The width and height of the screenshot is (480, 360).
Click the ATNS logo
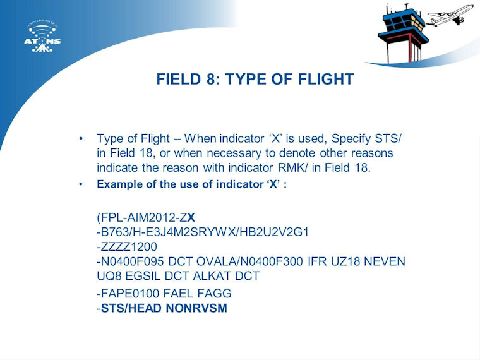click(42, 37)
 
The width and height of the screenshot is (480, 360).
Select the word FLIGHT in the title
click(326, 79)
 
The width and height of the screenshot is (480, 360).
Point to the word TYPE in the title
click(245, 79)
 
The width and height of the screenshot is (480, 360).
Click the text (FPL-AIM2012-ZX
click(146, 218)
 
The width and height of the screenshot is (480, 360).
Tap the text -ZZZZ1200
click(127, 247)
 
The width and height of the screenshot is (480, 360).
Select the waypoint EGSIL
click(143, 276)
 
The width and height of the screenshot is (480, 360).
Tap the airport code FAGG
click(214, 293)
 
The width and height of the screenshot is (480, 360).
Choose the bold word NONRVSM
click(196, 308)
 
